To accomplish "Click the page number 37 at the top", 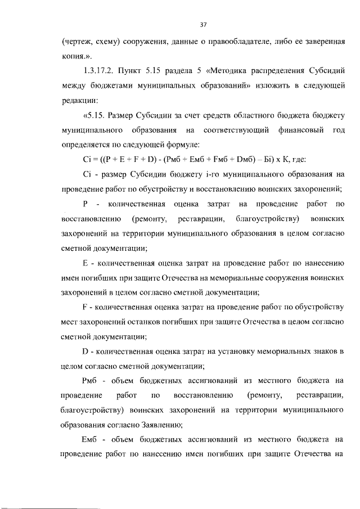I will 204,24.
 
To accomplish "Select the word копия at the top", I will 71,57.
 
